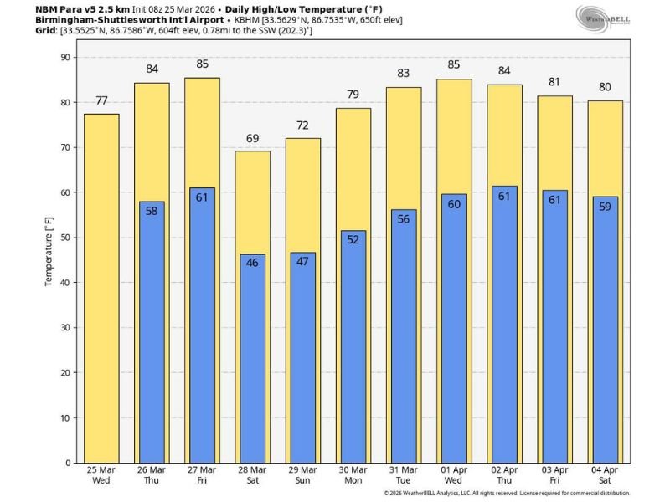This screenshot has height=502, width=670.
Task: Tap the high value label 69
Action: click(252, 138)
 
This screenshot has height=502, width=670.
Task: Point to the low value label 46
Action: click(252, 263)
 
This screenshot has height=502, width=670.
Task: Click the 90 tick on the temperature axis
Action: click(67, 57)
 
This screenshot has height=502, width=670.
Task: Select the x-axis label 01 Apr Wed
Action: click(453, 475)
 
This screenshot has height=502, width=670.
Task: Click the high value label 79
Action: click(353, 95)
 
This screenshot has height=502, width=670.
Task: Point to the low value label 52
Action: click(353, 239)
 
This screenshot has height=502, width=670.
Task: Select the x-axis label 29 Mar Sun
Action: click(302, 475)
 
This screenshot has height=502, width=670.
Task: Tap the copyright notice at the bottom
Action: click(507, 494)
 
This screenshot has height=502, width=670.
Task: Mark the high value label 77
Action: click(101, 100)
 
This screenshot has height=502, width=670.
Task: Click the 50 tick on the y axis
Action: click(67, 238)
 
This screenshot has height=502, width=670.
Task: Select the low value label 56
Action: click(403, 218)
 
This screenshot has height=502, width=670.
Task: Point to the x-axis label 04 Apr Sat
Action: click(604, 475)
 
